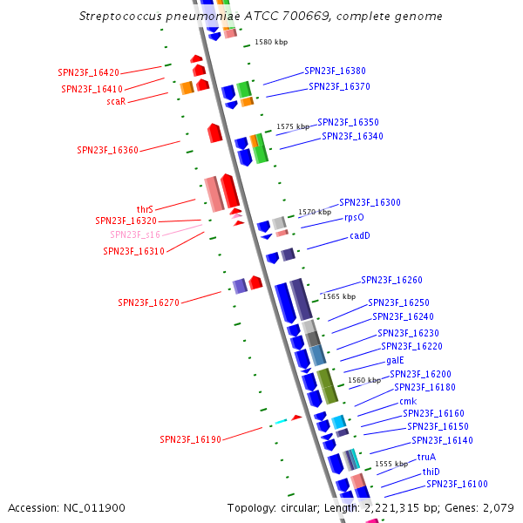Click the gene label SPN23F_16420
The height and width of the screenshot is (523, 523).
[x=89, y=72]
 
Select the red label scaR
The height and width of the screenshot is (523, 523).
[x=116, y=101]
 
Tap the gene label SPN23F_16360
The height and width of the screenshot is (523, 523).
[x=107, y=150]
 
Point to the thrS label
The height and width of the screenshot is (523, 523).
[x=145, y=209]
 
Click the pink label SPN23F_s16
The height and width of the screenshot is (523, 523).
[x=134, y=234]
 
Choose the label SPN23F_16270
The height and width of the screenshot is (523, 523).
[x=148, y=302]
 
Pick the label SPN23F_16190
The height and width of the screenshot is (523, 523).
[x=190, y=439]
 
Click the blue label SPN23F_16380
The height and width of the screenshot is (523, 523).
[x=335, y=71]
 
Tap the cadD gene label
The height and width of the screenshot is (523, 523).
[x=360, y=235]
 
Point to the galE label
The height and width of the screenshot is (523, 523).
[x=395, y=360]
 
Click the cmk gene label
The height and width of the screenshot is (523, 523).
[x=408, y=401]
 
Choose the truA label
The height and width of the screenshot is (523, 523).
[x=426, y=457]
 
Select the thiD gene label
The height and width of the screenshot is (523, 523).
[x=431, y=472]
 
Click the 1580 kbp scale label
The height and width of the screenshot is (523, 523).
[x=271, y=42]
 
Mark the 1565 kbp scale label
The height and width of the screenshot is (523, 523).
[x=339, y=296]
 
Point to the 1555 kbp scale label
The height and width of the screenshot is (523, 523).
[x=391, y=464]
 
